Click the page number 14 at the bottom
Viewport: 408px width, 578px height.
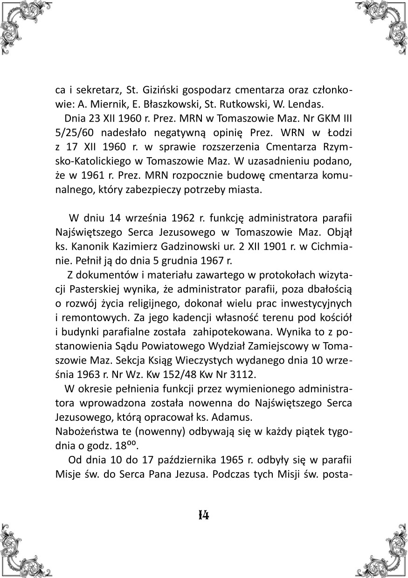[203, 515]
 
